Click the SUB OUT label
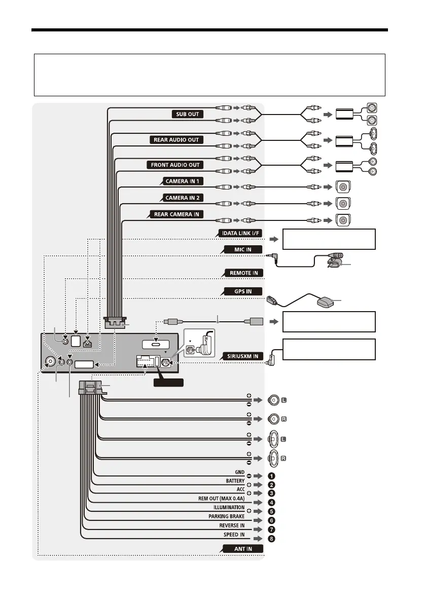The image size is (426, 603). click(x=187, y=114)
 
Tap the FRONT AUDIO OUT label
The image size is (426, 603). click(x=175, y=165)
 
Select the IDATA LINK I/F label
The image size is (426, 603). click(x=240, y=233)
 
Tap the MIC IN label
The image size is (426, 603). click(x=243, y=249)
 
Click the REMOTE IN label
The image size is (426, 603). click(x=243, y=273)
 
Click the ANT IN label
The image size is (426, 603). click(x=242, y=549)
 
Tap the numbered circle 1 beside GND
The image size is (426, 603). click(x=272, y=476)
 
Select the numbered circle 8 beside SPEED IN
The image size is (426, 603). click(x=272, y=538)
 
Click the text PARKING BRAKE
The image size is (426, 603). click(x=227, y=517)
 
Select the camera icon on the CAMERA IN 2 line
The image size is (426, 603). click(x=343, y=203)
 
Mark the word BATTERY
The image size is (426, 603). click(x=235, y=480)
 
